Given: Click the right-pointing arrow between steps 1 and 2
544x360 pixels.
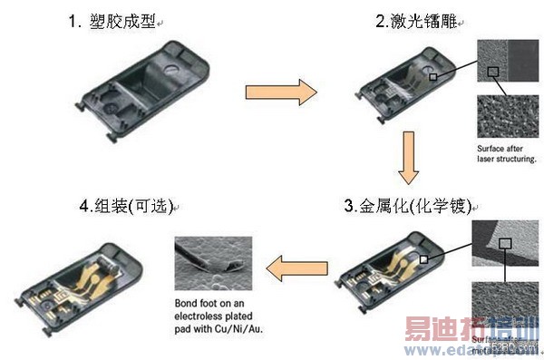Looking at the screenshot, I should pos(281,92).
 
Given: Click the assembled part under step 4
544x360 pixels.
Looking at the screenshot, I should pos(87,277).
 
